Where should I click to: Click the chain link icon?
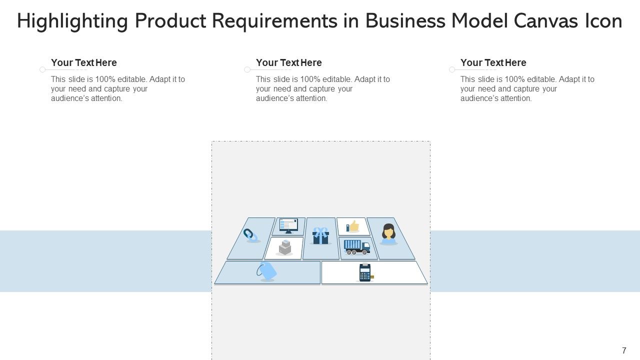(250, 235)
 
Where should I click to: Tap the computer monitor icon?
(288, 225)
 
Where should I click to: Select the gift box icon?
(320, 235)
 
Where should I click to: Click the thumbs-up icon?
(352, 226)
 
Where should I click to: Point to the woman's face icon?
(388, 233)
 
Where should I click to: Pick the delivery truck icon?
(357, 247)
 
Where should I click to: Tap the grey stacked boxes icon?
(284, 247)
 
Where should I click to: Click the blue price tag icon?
(266, 270)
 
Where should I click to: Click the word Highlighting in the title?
(72, 21)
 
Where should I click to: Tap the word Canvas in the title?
(545, 21)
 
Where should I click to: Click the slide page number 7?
(624, 350)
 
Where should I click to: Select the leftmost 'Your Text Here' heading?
(84, 62)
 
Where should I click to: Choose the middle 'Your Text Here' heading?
(289, 62)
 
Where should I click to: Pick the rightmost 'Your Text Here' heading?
(493, 62)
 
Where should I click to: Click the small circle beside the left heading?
(42, 69)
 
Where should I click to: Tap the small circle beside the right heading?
(452, 69)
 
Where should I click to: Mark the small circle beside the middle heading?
(247, 69)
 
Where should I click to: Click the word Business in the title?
(405, 21)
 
